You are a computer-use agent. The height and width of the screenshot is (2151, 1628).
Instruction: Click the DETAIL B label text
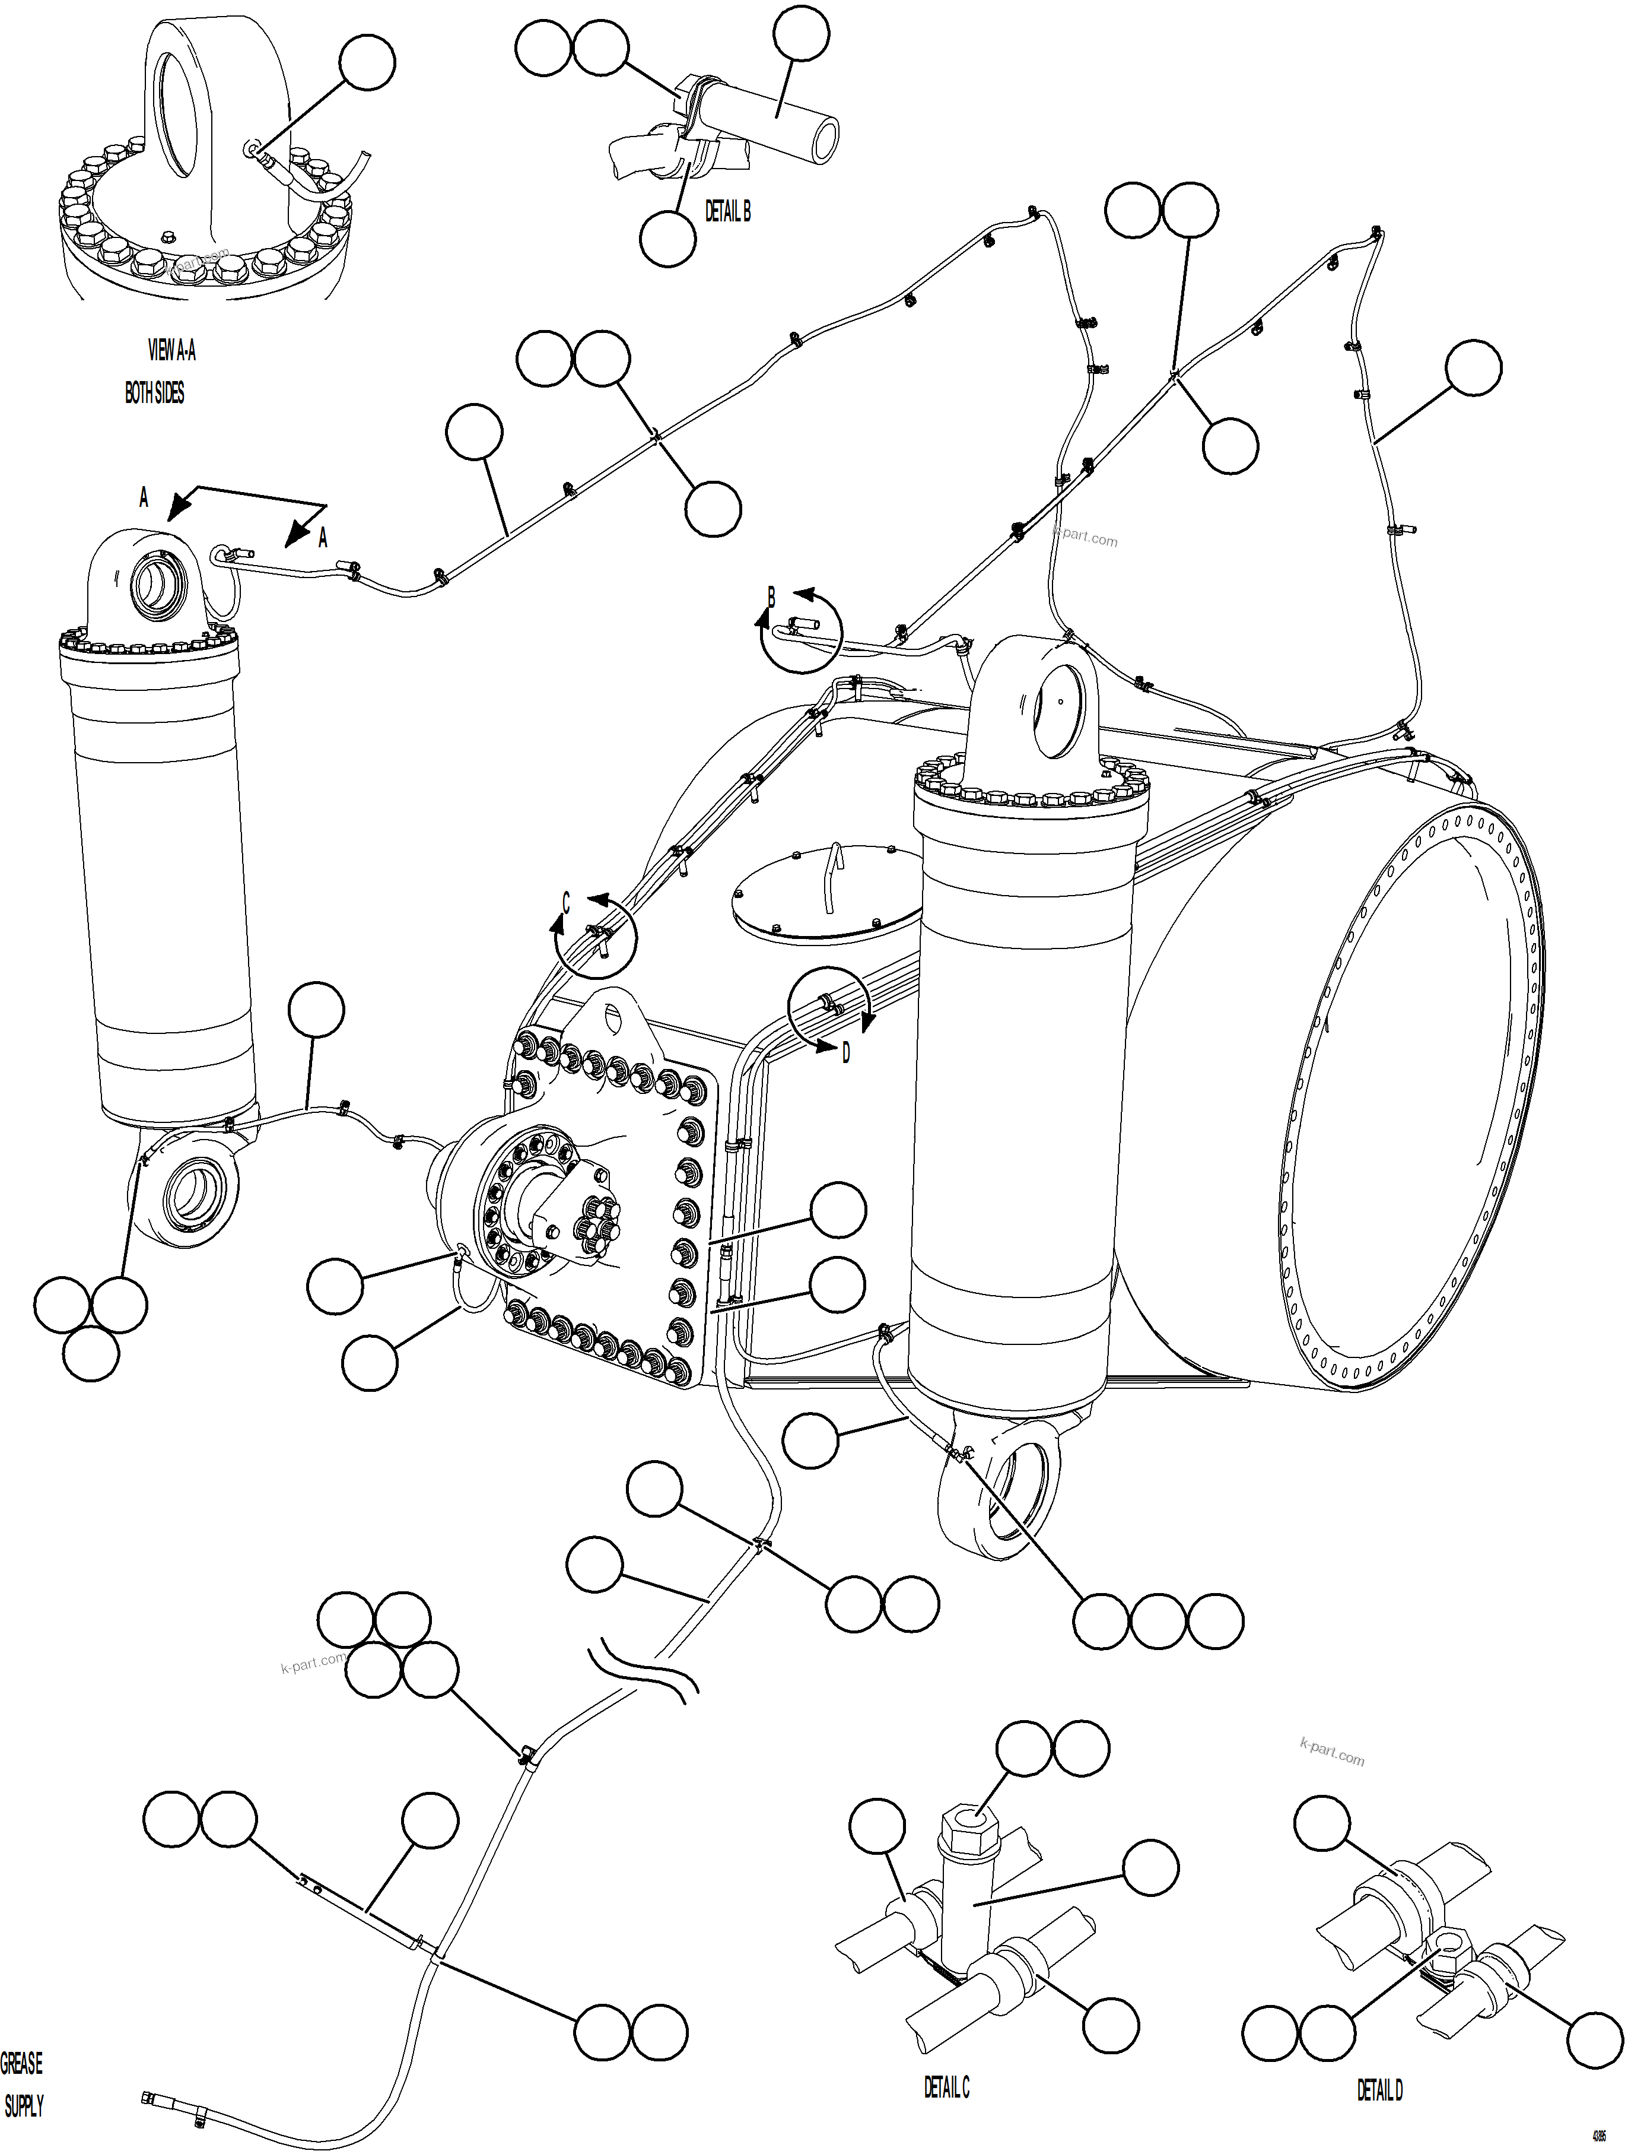(727, 212)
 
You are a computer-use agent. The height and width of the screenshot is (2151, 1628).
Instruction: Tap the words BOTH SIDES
(154, 393)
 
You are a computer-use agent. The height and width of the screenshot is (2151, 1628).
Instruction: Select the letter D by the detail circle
(845, 1053)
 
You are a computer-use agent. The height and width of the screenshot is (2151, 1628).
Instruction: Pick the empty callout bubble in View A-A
(367, 62)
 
